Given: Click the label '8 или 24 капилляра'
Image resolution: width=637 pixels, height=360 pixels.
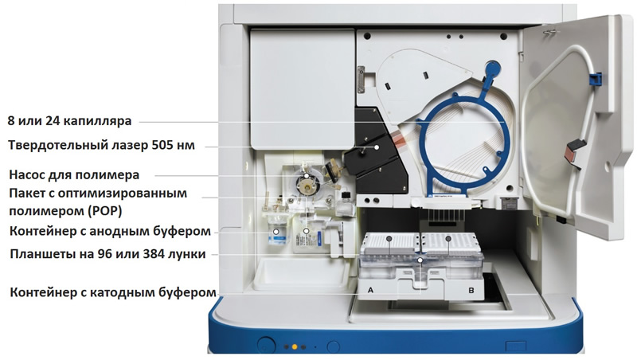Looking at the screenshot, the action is click(x=69, y=121).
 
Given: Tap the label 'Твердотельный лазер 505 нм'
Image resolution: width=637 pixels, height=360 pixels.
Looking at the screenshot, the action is click(x=102, y=145).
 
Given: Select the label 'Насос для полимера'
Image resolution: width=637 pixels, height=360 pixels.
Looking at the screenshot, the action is click(x=74, y=174).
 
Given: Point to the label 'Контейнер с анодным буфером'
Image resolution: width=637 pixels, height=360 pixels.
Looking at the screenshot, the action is click(x=110, y=231).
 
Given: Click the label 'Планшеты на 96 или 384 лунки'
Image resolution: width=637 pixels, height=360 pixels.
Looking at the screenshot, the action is click(x=107, y=254).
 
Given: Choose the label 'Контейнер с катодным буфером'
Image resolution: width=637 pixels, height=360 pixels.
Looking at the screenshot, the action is click(x=113, y=292).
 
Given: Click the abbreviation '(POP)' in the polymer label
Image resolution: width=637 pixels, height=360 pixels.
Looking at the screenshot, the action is click(x=104, y=211).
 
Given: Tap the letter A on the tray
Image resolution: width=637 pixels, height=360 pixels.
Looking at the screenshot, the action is click(x=370, y=290).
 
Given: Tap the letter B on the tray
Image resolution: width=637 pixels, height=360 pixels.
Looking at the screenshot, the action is click(x=471, y=290).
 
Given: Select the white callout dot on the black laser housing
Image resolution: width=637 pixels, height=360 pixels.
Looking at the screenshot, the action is click(x=377, y=147).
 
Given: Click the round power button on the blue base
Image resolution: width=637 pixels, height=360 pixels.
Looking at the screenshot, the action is click(x=266, y=344).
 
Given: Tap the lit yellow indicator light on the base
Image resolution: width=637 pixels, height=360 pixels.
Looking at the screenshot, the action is click(x=295, y=347).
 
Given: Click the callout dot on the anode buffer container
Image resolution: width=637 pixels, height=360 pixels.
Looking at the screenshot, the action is click(x=276, y=232).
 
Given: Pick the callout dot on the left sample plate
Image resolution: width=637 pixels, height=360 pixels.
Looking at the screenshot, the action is click(x=389, y=238).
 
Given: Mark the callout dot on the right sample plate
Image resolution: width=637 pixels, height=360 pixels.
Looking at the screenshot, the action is click(x=448, y=238).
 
